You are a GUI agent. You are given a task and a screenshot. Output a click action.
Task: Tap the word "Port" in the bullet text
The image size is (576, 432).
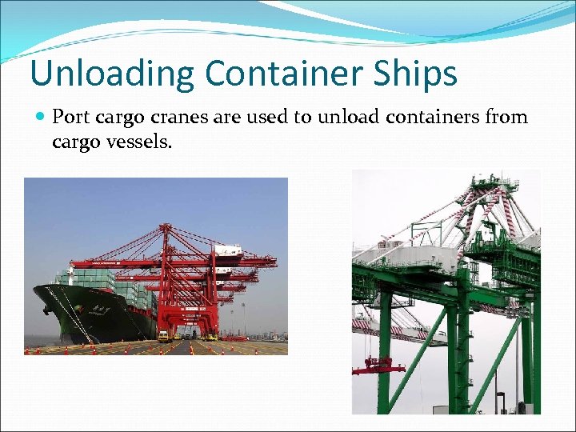pyautogui.click(x=70, y=118)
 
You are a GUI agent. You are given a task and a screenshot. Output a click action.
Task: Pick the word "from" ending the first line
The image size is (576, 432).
pyautogui.click(x=507, y=118)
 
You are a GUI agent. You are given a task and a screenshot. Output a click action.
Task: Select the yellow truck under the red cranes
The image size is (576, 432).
pyautogui.click(x=163, y=336)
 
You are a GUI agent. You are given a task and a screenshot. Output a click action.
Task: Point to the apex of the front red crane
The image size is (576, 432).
pyautogui.click(x=165, y=227)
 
